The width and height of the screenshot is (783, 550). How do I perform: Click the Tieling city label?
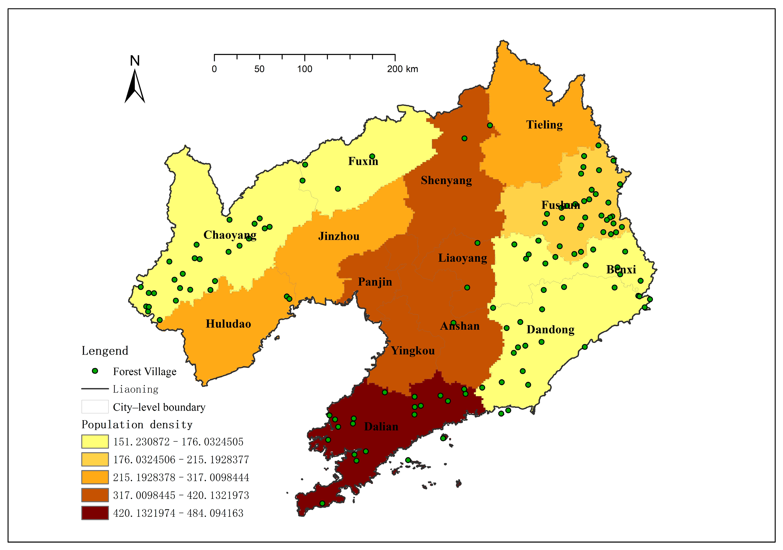click(x=544, y=125)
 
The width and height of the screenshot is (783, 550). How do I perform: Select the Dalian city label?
click(x=381, y=427)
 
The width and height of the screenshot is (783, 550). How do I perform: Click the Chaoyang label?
click(x=230, y=235)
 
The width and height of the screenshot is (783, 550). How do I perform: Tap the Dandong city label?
click(x=551, y=330)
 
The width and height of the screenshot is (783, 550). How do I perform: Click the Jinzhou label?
click(x=339, y=236)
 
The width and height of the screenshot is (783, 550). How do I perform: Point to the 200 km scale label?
click(x=402, y=69)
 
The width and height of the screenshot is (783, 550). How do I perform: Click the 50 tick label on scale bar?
click(x=259, y=69)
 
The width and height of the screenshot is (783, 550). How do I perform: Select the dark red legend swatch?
click(x=95, y=513)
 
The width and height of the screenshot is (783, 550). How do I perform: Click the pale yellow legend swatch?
click(x=95, y=441)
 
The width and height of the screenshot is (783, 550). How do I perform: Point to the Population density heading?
click(x=137, y=425)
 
